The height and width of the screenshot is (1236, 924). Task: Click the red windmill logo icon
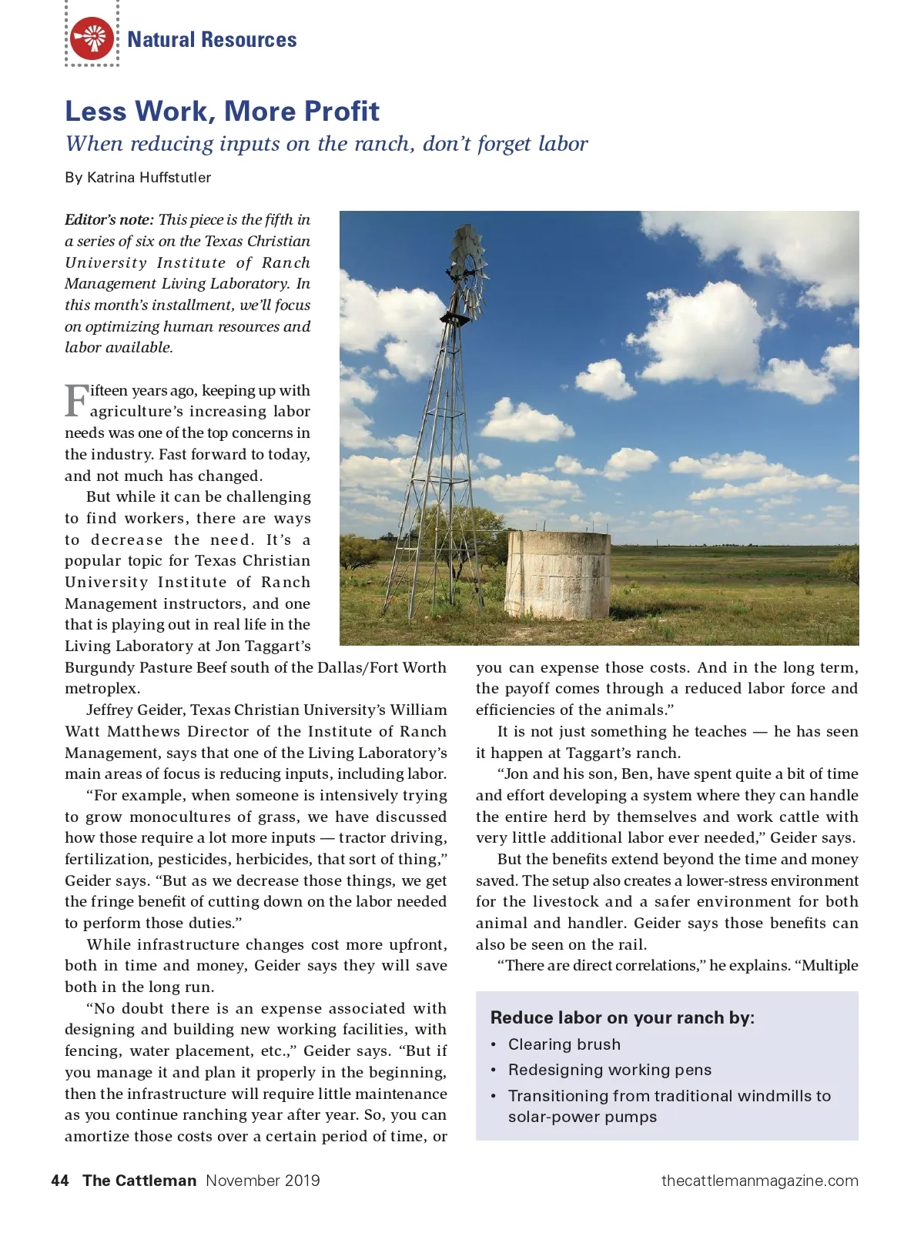tap(92, 38)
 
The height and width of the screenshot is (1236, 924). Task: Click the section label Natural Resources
tap(212, 40)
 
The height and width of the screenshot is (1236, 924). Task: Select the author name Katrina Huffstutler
tap(149, 178)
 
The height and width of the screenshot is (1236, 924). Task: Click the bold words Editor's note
tap(109, 220)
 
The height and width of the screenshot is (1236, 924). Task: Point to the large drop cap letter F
tap(76, 400)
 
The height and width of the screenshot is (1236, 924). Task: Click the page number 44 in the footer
tap(60, 1181)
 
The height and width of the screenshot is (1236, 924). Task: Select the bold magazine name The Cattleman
tap(139, 1181)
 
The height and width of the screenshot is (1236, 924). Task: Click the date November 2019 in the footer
tap(263, 1181)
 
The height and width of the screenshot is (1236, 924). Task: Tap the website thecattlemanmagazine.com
tap(759, 1181)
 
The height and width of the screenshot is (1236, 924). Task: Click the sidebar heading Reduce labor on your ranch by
tap(622, 1017)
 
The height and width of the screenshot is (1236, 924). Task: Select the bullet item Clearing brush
tap(564, 1044)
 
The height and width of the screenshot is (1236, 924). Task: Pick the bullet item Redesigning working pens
tap(609, 1070)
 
